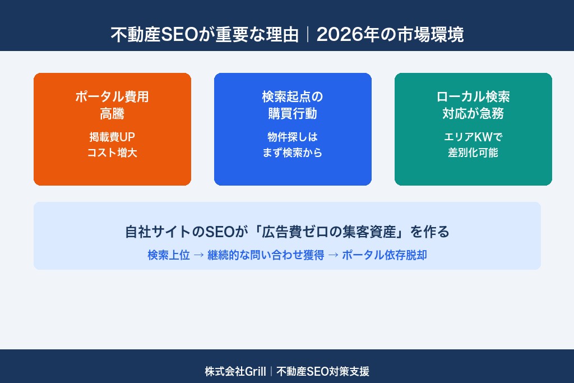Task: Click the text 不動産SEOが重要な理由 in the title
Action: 205,35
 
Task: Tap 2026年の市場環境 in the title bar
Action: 390,35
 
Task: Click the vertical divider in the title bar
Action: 308,35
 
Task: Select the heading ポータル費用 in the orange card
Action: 112,96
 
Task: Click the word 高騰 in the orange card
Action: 112,114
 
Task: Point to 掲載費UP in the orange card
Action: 112,137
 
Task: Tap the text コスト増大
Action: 112,153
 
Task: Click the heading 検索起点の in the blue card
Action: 293,96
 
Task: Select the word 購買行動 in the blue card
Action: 293,114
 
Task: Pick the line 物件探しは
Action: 293,137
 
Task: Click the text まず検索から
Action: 293,153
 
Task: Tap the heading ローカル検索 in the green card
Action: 473,96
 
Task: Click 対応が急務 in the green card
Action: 473,114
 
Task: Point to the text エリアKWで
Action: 473,137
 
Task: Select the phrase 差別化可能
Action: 473,153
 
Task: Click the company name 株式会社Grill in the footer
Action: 235,371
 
